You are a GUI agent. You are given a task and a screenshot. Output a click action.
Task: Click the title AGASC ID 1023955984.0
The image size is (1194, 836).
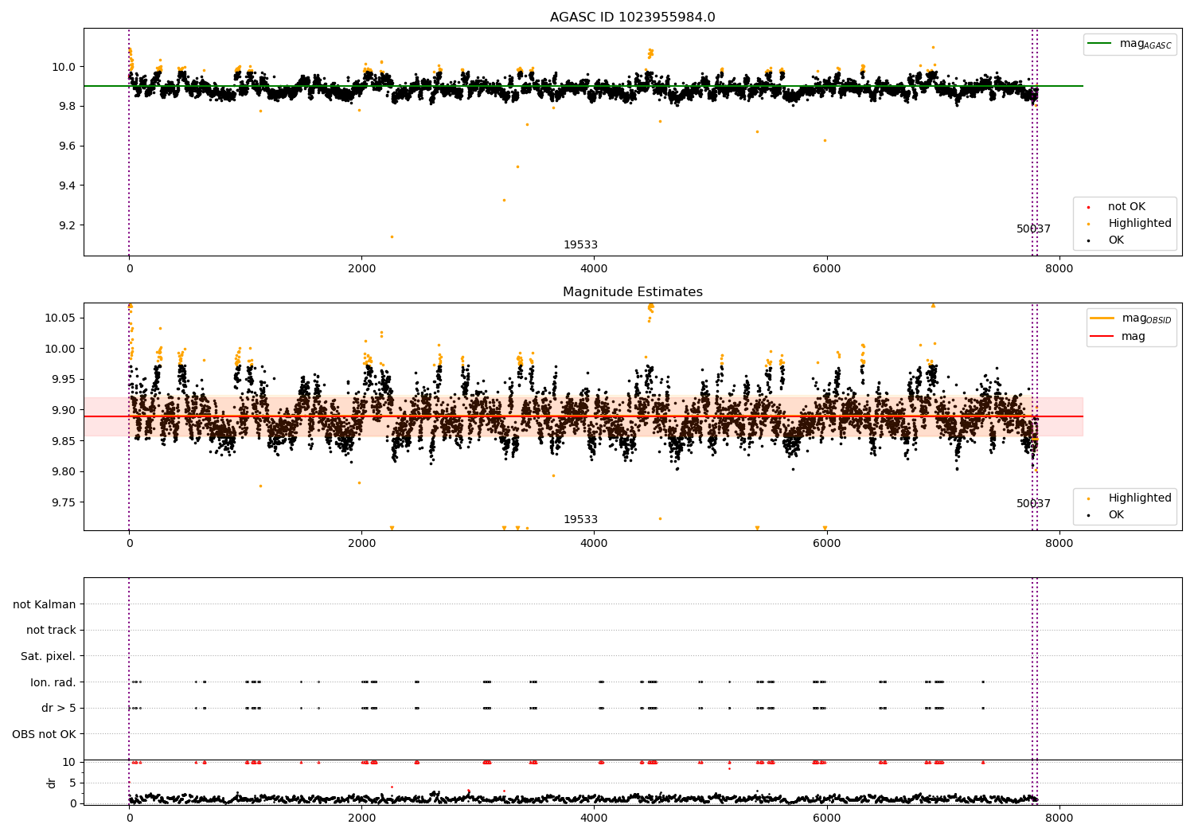coord(632,18)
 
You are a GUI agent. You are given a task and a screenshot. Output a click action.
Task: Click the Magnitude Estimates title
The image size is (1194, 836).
coord(632,292)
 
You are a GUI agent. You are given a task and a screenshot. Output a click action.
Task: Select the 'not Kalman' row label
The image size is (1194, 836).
coord(45,604)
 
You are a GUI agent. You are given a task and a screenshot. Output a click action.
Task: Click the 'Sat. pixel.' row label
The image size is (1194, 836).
coord(48,656)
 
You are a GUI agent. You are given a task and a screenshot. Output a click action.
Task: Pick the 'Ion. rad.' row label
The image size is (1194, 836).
coord(53,682)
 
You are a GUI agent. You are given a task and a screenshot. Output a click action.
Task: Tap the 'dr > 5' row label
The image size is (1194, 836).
coord(58,708)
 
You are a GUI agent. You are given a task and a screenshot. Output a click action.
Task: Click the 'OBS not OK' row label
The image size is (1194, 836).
coord(44,734)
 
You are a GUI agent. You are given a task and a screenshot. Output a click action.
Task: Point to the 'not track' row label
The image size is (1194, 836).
coord(51,630)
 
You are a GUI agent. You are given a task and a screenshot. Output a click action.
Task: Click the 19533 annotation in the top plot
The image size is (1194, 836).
coord(580,245)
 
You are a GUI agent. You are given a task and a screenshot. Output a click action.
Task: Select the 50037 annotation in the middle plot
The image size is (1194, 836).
coord(1033,504)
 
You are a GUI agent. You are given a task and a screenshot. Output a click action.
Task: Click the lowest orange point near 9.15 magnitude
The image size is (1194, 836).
coord(392,236)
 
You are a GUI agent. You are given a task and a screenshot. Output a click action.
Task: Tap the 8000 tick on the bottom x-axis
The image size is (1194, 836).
coord(1059,818)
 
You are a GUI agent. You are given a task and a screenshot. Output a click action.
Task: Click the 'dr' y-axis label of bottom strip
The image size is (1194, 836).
coord(52,783)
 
